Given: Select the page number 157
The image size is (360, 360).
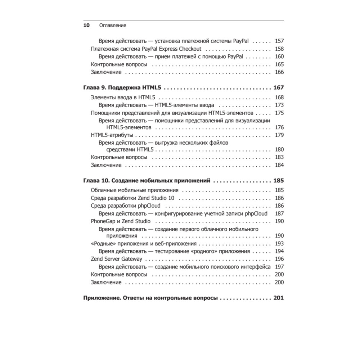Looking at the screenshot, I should pos(279,41).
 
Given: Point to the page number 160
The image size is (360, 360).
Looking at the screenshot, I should pos(279,57).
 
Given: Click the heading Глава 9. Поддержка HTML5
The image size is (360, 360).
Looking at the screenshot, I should pos(123,87).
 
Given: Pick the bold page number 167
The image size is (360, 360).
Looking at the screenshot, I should pos(279,87).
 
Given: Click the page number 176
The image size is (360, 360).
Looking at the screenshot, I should pos(279,127).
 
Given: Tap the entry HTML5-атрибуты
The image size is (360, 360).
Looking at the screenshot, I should pos(112,135).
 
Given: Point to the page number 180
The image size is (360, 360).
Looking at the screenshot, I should pos(279,149).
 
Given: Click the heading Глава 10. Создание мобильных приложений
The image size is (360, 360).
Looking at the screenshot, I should pos(147,181).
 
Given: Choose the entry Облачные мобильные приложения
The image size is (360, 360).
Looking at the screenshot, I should pos(135,190).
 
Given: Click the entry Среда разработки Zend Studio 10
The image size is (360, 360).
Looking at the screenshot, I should pos(132,198).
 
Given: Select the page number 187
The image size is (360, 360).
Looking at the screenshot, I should pos(279,213).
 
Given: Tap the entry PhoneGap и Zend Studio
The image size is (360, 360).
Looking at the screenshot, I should pos(121,221).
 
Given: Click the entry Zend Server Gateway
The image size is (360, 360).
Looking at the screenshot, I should pos(116,259).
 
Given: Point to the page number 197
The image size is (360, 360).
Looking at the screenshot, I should pos(279,267).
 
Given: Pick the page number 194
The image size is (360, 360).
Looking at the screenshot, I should pos(279,251).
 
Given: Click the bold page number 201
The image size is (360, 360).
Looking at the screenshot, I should pos(279,298).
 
